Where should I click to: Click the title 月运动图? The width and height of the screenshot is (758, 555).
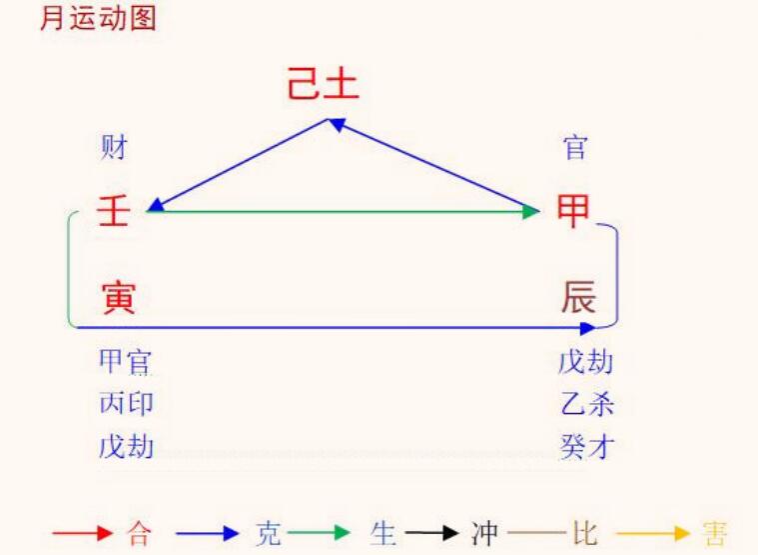pos(98,19)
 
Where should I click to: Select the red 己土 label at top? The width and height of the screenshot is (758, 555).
pos(323,83)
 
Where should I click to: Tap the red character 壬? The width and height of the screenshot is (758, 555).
pos(114,210)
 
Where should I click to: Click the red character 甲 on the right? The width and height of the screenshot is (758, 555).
pos(573,210)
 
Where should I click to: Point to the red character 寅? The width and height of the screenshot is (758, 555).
pos(119,298)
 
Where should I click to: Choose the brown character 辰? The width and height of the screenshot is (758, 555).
pos(578,297)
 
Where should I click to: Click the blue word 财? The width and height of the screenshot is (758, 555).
pos(114,147)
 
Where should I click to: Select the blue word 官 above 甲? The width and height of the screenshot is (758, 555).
pos(575,147)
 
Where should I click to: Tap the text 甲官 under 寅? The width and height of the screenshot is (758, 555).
pos(125,361)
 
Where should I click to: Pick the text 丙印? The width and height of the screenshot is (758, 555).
pos(126,403)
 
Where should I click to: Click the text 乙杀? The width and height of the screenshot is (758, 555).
pos(587,403)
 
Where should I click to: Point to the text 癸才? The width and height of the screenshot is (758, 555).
pos(587,446)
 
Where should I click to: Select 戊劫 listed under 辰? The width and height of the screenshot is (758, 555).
pos(586,361)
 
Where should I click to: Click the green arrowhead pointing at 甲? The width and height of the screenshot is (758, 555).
pos(531,211)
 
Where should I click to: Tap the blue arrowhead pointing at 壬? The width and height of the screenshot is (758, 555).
pos(156,206)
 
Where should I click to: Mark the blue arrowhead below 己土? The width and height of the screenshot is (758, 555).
pos(337,124)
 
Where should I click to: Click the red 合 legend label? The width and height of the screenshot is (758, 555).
pos(139,533)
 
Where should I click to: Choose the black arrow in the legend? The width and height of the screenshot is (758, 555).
pos(431,533)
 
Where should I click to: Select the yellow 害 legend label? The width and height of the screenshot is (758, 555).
pos(714,533)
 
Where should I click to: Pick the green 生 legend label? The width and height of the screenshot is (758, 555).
pos(383,533)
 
